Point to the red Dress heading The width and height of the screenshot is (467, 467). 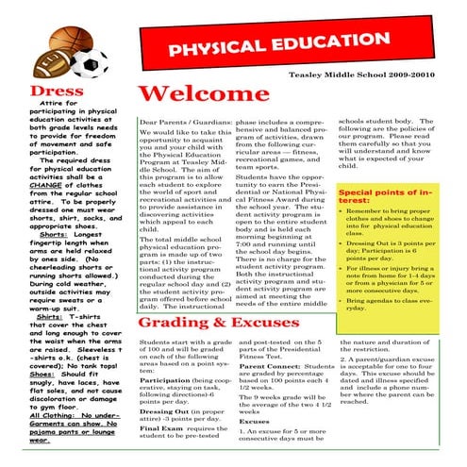35,92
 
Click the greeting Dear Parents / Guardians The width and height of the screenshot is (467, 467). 184,123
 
